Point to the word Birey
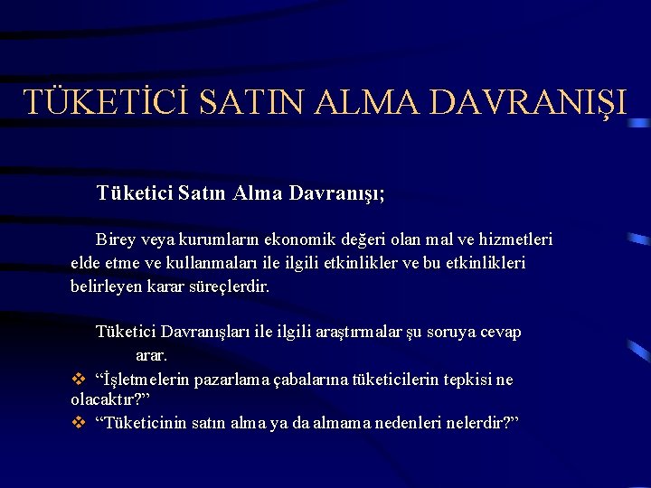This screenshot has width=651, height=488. point(117,240)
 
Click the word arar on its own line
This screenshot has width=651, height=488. point(152,356)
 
